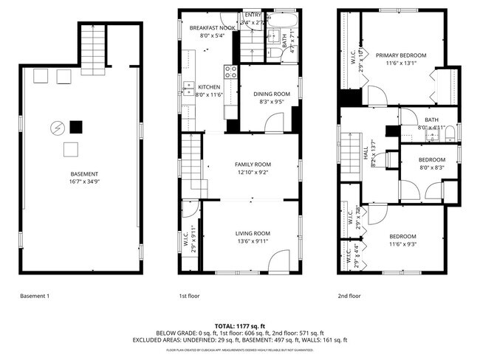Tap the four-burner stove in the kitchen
[x=230, y=72]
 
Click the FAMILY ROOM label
[x=253, y=165]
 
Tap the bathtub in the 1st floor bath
[x=281, y=18]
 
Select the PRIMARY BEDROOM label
[x=400, y=55]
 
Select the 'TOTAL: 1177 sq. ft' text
[x=240, y=325]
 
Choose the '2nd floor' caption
[x=349, y=296]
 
